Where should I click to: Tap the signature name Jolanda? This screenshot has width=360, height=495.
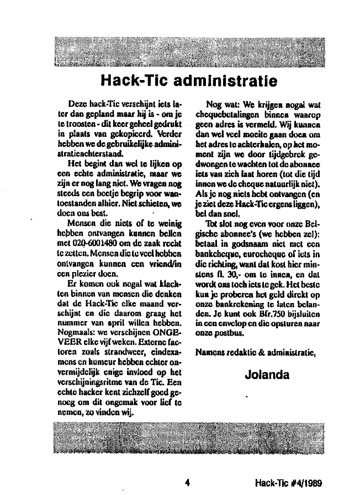267,375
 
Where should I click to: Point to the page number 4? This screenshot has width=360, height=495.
188,483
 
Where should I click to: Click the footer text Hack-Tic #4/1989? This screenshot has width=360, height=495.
289,483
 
